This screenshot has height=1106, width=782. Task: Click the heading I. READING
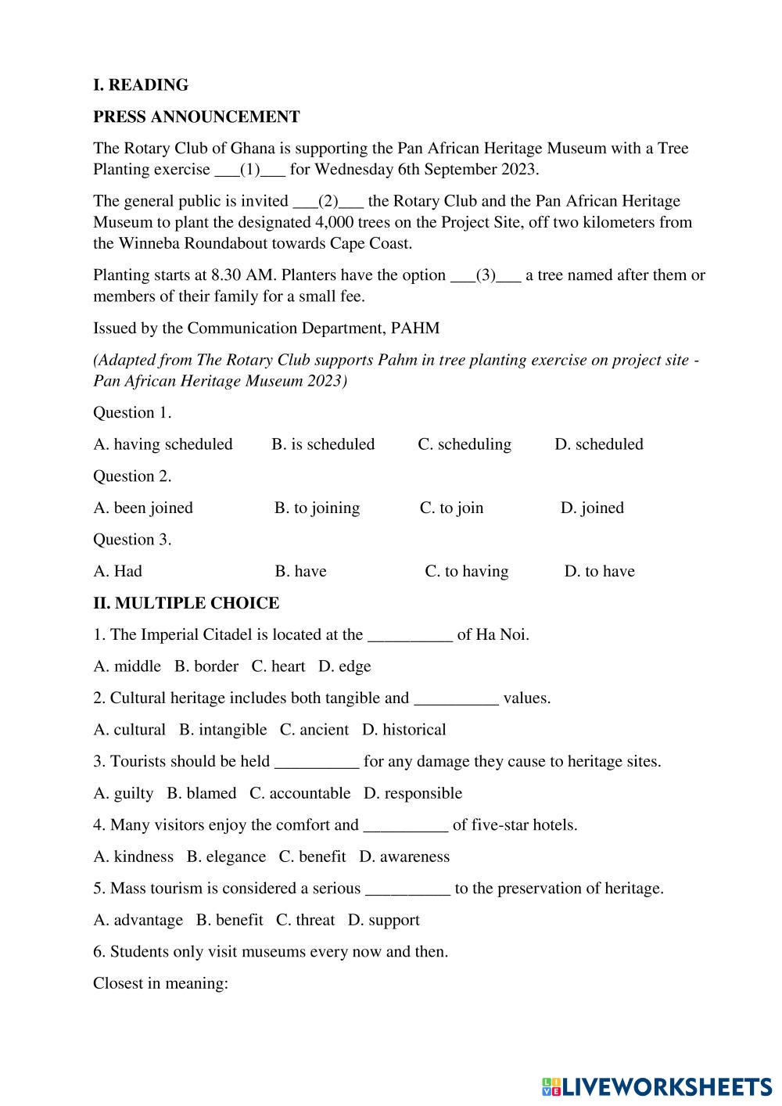tap(141, 85)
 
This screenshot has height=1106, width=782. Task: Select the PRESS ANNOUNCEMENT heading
tap(196, 117)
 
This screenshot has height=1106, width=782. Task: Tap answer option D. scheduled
tap(599, 444)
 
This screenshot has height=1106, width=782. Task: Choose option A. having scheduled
tap(163, 444)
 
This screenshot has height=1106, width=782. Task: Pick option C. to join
tap(451, 508)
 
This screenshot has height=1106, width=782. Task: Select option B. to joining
tap(317, 508)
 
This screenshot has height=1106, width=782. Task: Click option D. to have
tap(599, 571)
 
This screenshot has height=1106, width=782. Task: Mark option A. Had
tap(118, 571)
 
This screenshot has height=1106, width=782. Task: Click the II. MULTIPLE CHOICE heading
tap(186, 603)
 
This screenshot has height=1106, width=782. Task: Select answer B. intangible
tap(223, 730)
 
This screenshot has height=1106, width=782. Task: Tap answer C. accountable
tap(300, 793)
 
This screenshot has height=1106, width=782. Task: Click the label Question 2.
tap(132, 476)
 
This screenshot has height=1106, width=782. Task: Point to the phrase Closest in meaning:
tap(160, 983)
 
